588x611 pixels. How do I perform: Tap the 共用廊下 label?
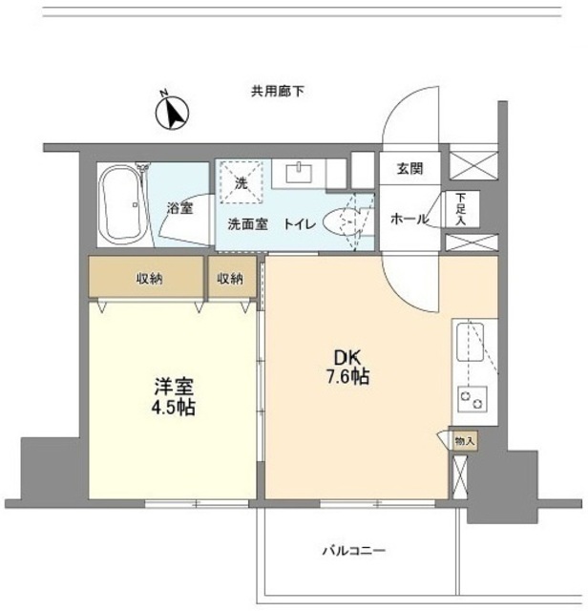pyautogui.click(x=277, y=92)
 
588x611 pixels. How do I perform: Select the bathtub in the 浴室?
pyautogui.click(x=121, y=204)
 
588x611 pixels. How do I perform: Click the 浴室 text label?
pyautogui.click(x=180, y=208)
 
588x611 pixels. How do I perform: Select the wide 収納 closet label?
pyautogui.click(x=148, y=279)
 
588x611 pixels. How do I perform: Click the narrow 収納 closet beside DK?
pyautogui.click(x=229, y=279)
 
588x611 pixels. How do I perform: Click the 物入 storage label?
pyautogui.click(x=463, y=441)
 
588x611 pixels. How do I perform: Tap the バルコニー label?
pyautogui.click(x=352, y=551)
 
